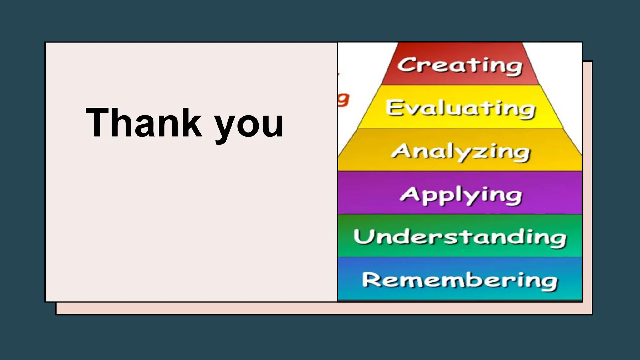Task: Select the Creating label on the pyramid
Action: click(x=460, y=65)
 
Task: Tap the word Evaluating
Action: click(x=460, y=108)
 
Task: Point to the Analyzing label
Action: click(x=460, y=152)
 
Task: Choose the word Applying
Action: click(x=461, y=195)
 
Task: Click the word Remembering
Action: click(x=460, y=281)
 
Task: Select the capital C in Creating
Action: click(x=406, y=65)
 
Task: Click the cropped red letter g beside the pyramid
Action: click(x=344, y=100)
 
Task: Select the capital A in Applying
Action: click(x=409, y=194)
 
